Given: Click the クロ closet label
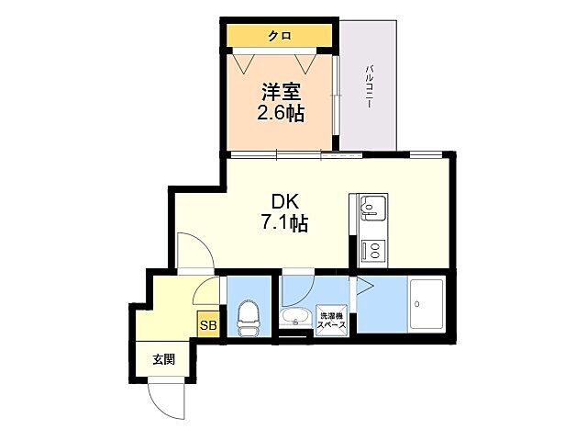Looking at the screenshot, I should pos(280,37).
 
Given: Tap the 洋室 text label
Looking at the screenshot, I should pos(282,93).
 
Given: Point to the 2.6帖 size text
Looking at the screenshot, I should pos(282,114).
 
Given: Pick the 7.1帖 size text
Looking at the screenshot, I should pos(282,223).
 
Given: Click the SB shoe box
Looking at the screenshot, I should pos(208,325).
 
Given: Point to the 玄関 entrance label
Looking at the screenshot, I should pos(164,359).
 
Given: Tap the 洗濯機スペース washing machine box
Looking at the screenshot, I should pos(330,319).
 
